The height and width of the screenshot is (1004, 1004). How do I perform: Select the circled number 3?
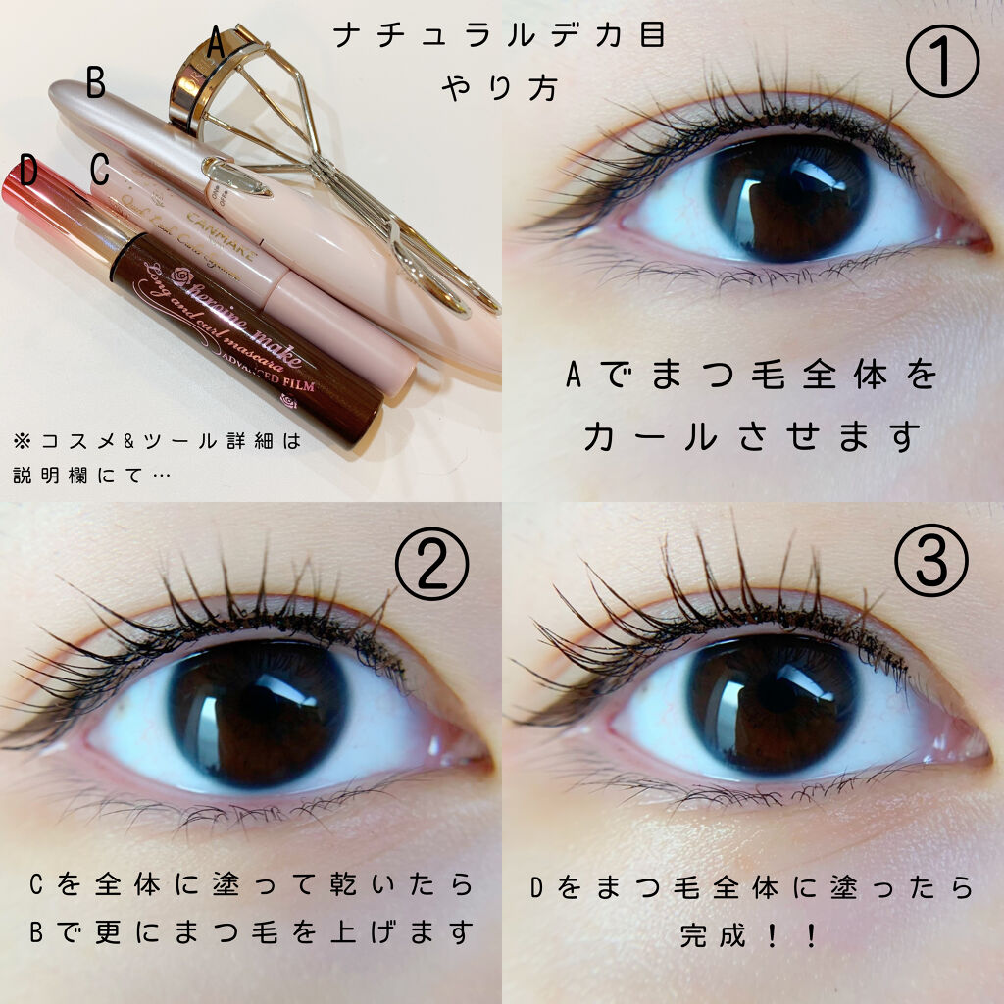coord(931,562)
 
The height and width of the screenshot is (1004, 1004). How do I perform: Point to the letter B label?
coord(95,83)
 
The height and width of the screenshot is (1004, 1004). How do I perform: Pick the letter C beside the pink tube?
coord(99,169)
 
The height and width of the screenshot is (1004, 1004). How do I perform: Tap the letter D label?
coord(28,172)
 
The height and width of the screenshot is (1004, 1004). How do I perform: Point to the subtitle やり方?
coord(500,87)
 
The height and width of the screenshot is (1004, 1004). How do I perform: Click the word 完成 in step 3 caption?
coord(714,935)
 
